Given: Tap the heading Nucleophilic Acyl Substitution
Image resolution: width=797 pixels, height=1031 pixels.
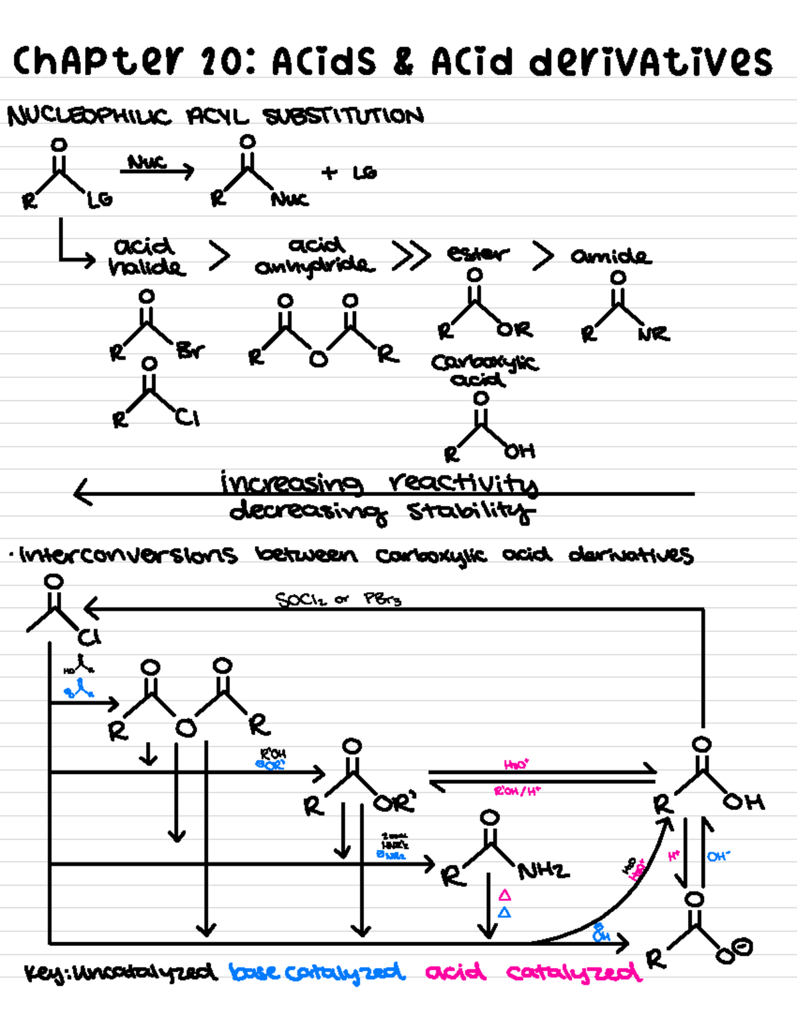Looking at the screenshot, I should click(x=215, y=116).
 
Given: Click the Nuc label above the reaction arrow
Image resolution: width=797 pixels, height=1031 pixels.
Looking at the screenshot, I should click(x=147, y=161).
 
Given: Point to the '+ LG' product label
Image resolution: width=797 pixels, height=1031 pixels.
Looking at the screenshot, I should click(x=349, y=173).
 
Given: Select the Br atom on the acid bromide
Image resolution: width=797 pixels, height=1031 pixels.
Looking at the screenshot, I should click(x=191, y=350).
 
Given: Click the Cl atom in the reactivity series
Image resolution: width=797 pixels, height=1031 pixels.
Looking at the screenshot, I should click(x=188, y=418).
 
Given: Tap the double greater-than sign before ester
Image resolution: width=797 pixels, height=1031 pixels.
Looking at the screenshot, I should click(x=410, y=256).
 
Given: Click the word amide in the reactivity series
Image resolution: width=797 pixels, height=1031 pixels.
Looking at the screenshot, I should click(x=611, y=256).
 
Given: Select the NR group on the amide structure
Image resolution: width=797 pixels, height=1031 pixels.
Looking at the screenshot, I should click(x=654, y=334).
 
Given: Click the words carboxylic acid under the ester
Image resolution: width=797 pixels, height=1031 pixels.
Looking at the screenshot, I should click(x=485, y=370).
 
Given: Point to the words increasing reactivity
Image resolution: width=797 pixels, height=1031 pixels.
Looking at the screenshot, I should click(x=379, y=483).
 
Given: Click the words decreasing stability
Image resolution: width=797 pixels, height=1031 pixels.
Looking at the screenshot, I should click(x=382, y=512).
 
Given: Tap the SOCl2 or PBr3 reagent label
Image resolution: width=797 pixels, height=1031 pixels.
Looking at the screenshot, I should click(x=338, y=599).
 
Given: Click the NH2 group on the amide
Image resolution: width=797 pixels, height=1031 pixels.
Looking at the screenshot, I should click(x=543, y=870).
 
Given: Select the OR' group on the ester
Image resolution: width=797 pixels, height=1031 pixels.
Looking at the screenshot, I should click(x=395, y=803).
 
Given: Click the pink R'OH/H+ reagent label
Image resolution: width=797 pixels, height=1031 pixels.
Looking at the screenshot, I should click(x=517, y=791).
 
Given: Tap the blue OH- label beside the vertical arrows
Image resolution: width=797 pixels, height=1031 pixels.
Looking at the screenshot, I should click(x=718, y=856).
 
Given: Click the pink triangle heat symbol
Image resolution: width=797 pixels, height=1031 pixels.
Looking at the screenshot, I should click(x=505, y=895).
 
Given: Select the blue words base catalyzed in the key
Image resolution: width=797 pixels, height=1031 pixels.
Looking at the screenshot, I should click(x=317, y=973).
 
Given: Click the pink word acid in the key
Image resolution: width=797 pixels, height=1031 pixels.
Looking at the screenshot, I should click(x=456, y=973).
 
